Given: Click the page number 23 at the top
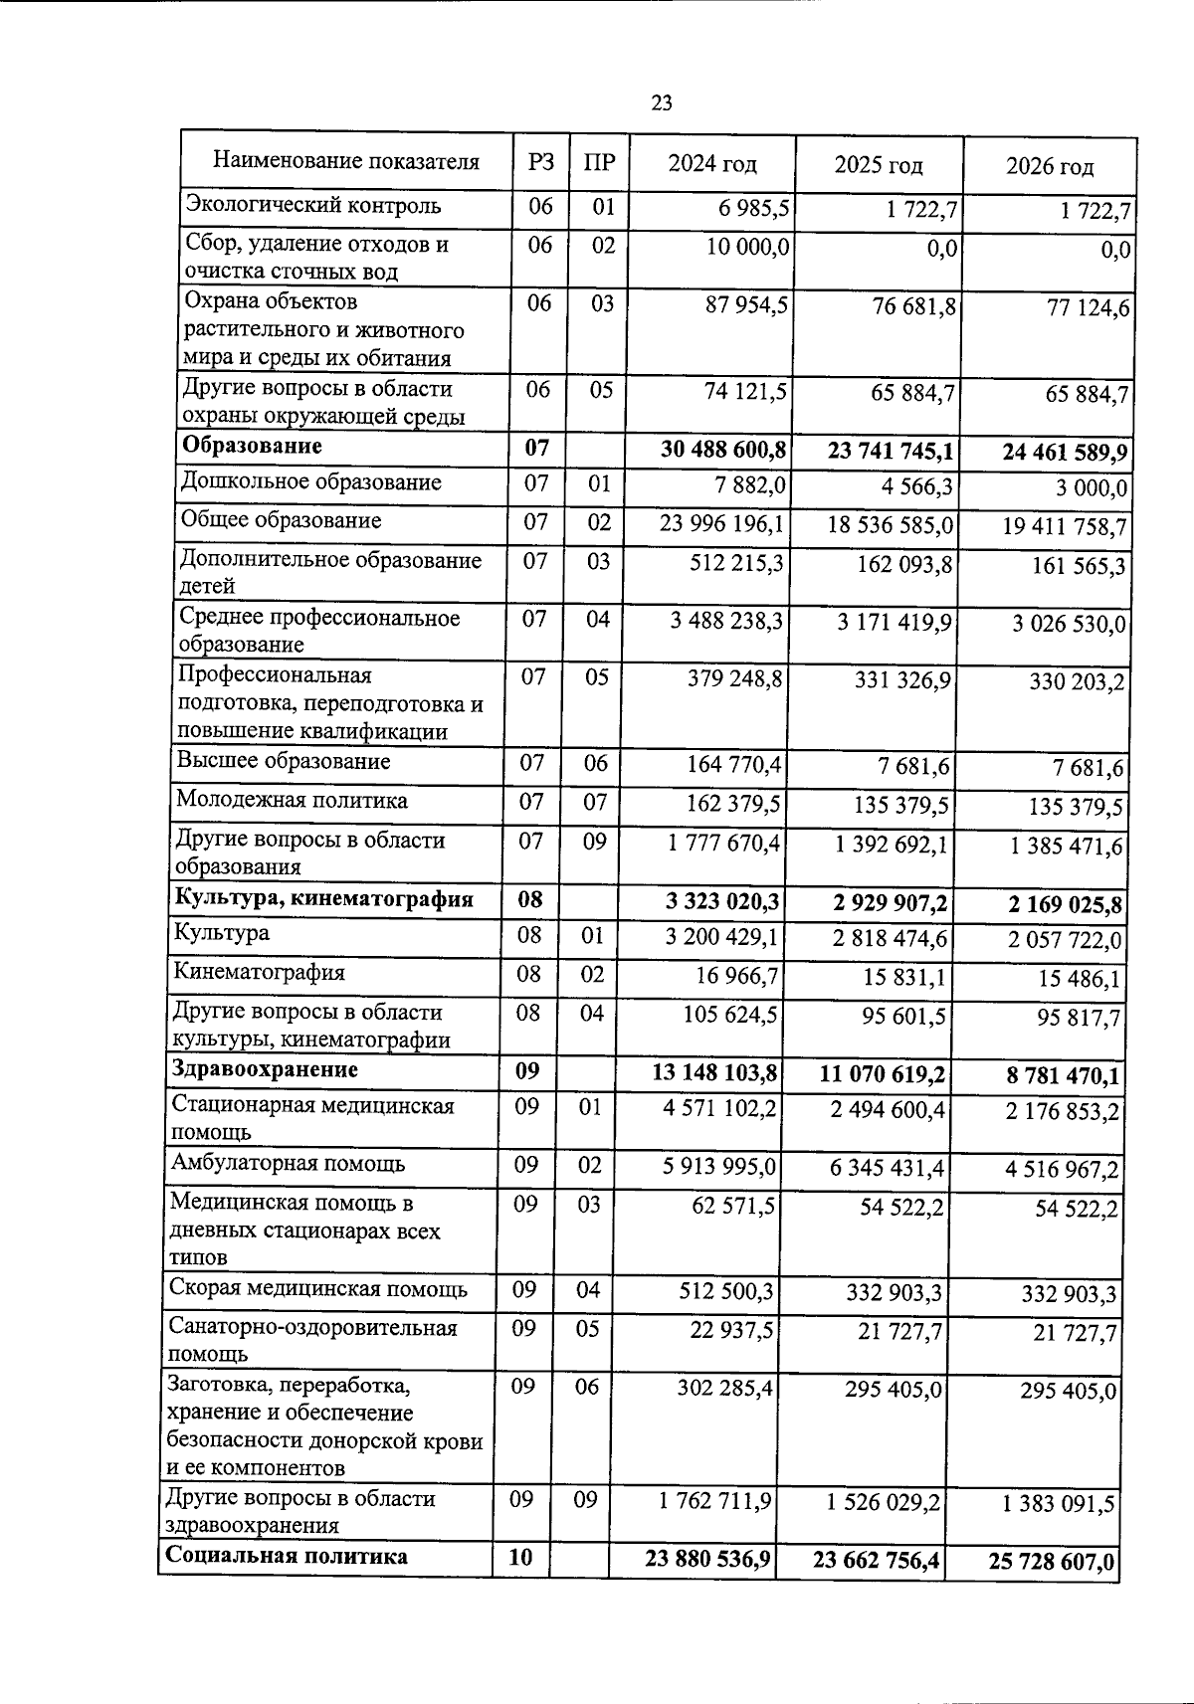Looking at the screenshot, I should (x=662, y=102).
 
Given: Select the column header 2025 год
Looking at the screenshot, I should (x=878, y=164).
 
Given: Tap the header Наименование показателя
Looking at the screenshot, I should (x=346, y=161).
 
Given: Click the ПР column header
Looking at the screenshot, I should (x=598, y=162).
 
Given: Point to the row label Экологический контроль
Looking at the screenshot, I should (x=313, y=206).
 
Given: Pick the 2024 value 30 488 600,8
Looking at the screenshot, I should (x=723, y=451).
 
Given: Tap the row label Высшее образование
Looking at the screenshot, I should (x=284, y=762).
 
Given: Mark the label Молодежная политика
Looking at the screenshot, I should (x=292, y=801).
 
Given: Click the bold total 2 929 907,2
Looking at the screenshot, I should (x=884, y=903).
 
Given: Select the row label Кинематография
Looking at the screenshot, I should (x=259, y=972).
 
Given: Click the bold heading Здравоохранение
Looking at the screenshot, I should (x=265, y=1070).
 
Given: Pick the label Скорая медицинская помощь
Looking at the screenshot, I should (x=318, y=1290).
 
